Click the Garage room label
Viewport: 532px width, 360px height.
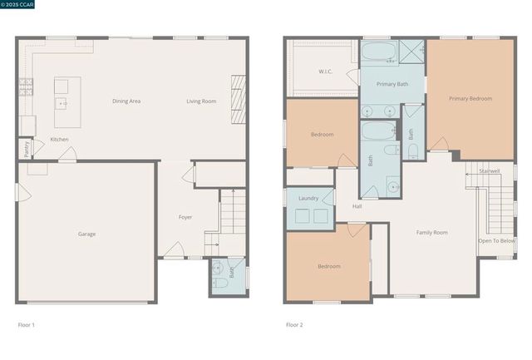(86, 234)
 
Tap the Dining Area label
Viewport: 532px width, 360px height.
(126, 101)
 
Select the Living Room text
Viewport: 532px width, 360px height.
(201, 101)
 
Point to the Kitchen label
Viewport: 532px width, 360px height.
(60, 139)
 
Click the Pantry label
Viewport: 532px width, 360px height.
(26, 149)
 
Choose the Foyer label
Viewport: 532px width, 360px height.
(185, 217)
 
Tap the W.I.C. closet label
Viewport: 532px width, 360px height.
(326, 72)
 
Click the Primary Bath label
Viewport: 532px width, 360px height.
(392, 84)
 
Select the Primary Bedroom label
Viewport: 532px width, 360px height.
(470, 98)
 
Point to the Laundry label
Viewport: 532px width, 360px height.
(308, 198)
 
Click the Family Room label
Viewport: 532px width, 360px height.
(432, 232)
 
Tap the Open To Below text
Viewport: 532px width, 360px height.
(496, 240)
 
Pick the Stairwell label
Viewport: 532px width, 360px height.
(490, 171)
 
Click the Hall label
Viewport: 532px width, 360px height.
(357, 205)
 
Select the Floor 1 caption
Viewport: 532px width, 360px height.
(27, 324)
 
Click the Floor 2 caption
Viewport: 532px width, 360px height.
(294, 324)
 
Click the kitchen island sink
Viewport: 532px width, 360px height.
(62, 103)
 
